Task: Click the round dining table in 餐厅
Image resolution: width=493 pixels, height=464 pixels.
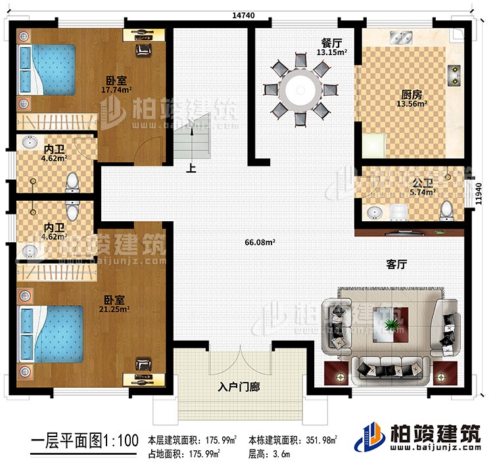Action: tap(300, 89)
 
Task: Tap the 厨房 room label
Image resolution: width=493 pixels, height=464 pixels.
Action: tap(413, 94)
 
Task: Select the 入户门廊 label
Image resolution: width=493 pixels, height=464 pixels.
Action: tap(241, 387)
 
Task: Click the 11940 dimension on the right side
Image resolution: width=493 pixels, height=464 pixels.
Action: tap(482, 194)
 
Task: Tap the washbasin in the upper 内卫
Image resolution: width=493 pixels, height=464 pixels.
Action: tap(30, 142)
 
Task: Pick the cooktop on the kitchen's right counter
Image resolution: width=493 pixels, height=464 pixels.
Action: tap(454, 75)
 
